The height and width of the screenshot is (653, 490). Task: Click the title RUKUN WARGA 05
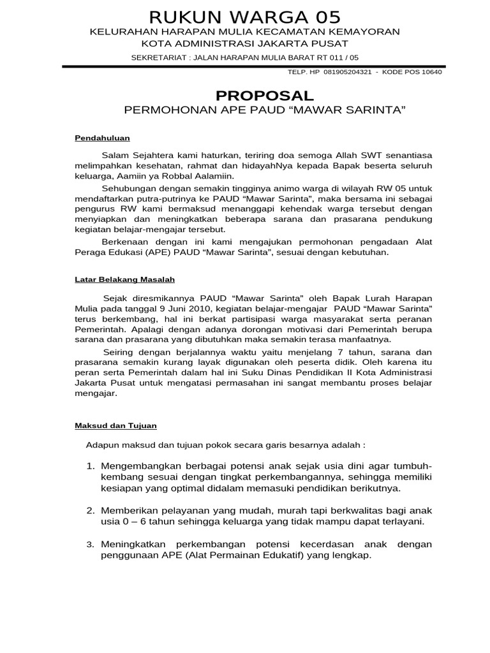[245, 17]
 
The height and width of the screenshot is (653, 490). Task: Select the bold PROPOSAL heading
[265, 96]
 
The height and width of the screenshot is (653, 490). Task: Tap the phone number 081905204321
[347, 72]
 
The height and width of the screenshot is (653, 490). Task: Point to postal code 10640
[430, 72]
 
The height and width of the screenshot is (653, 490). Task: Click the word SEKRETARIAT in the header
[157, 58]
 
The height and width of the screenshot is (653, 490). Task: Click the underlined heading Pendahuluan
[102, 137]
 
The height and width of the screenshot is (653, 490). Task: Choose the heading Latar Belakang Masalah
[124, 279]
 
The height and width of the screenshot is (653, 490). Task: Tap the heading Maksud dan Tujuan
[115, 425]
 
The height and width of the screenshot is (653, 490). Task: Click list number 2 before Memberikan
[90, 511]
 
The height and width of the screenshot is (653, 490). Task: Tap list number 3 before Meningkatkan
[90, 545]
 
